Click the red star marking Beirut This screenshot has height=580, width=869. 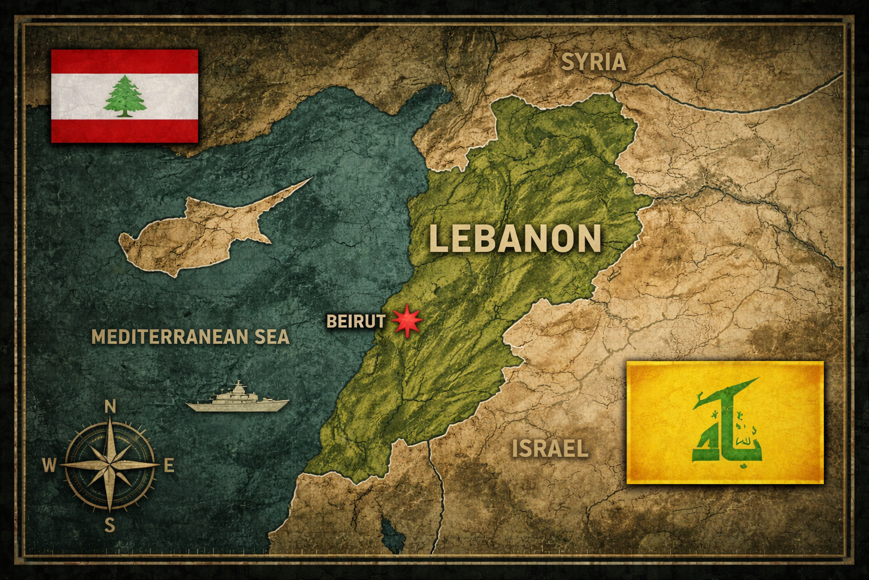(407, 321)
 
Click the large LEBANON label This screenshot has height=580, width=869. (515, 238)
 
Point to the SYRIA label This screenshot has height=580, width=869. (593, 62)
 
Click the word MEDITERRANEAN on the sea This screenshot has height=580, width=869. (165, 337)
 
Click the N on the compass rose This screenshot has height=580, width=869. (111, 407)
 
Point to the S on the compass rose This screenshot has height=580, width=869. (110, 526)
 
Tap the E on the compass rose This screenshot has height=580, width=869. (169, 466)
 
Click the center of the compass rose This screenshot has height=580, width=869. (110, 465)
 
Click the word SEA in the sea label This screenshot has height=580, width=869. (272, 337)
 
